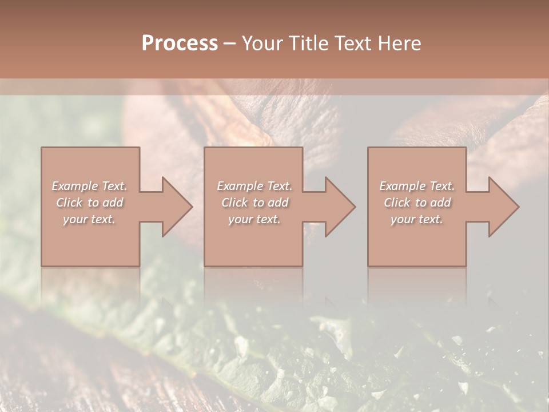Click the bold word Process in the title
(x=180, y=43)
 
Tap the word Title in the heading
(x=308, y=43)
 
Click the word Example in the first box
(x=74, y=186)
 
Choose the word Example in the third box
(x=402, y=186)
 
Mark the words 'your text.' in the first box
(x=89, y=219)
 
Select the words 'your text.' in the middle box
(x=254, y=219)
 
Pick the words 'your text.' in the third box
(x=417, y=219)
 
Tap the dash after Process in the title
(x=229, y=43)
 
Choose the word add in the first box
(x=113, y=203)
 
